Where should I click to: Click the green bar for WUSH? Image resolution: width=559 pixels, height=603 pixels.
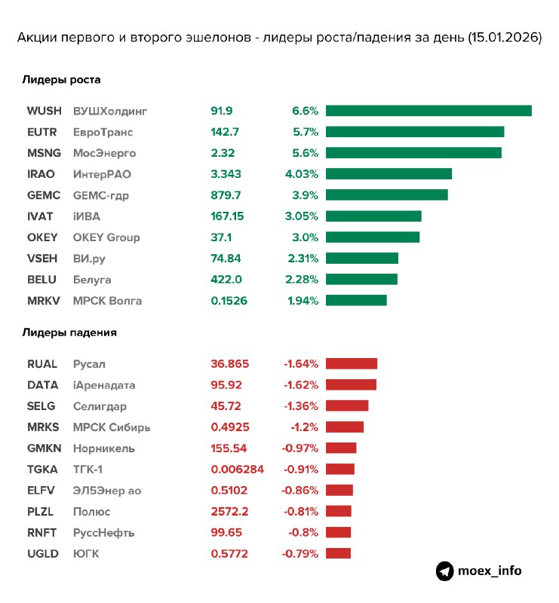pyautogui.click(x=428, y=111)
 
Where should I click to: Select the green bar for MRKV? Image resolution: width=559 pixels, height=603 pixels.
pyautogui.click(x=356, y=301)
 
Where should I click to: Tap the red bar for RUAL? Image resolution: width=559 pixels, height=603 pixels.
pyautogui.click(x=352, y=363)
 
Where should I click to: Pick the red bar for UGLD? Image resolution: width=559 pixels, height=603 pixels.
pyautogui.click(x=339, y=553)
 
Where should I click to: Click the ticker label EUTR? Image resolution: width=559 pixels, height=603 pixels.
pyautogui.click(x=41, y=132)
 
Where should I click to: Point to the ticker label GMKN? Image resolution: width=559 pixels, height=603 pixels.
pyautogui.click(x=43, y=448)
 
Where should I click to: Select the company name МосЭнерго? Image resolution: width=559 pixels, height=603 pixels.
pyautogui.click(x=104, y=153)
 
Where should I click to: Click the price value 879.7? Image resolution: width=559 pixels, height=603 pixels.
pyautogui.click(x=226, y=195)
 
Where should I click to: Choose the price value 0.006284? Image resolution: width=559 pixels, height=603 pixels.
pyautogui.click(x=238, y=469)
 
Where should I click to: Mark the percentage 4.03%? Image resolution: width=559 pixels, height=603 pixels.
pyautogui.click(x=302, y=174)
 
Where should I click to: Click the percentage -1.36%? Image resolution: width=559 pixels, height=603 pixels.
pyautogui.click(x=300, y=406)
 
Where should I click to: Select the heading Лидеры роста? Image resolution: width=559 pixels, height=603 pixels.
pyautogui.click(x=61, y=79)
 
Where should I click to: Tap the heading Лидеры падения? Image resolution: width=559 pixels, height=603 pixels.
pyautogui.click(x=69, y=332)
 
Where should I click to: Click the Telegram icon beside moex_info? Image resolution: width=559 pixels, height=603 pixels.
pyautogui.click(x=444, y=571)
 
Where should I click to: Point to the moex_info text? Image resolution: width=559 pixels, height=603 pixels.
pyautogui.click(x=490, y=571)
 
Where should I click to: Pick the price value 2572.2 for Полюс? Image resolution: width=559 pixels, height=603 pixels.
pyautogui.click(x=230, y=511)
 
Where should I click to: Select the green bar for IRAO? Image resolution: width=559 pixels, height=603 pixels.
pyautogui.click(x=389, y=174)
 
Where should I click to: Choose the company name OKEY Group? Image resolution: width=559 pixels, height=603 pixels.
pyautogui.click(x=106, y=237)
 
